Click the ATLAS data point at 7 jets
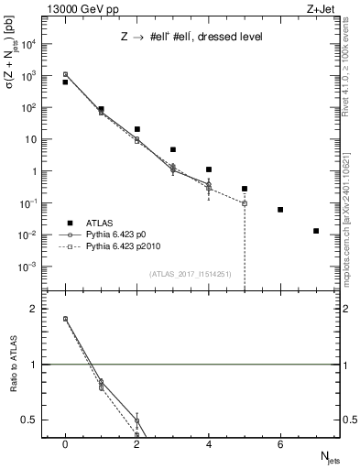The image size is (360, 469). [x=316, y=231]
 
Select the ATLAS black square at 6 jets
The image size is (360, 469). [x=280, y=210]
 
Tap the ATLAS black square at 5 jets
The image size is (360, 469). [x=245, y=189]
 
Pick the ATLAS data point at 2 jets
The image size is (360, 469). [x=136, y=129]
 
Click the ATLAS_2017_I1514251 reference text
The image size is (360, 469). [x=190, y=274]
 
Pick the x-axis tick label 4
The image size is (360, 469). [x=209, y=444]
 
